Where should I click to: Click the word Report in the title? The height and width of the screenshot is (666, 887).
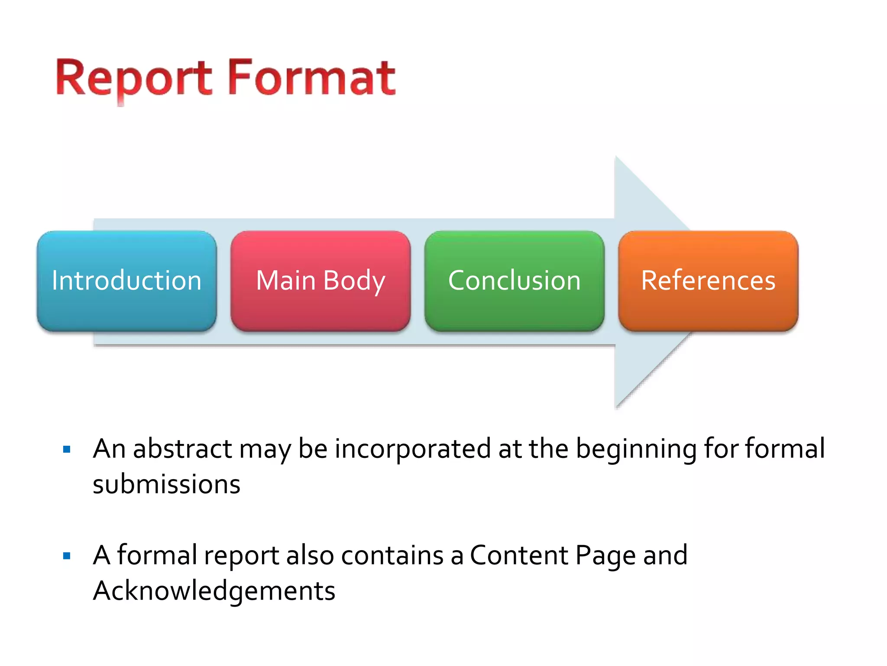click(x=133, y=78)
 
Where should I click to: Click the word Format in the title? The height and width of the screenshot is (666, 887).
click(x=311, y=78)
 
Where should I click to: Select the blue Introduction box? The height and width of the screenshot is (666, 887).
click(x=126, y=281)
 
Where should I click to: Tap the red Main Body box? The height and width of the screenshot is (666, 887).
click(x=320, y=281)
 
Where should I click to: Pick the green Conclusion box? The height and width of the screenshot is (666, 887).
click(x=514, y=281)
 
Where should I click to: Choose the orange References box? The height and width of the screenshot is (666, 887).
click(x=708, y=281)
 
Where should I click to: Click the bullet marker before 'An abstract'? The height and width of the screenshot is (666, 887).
click(x=67, y=449)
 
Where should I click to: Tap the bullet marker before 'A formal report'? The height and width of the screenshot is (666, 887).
click(x=67, y=556)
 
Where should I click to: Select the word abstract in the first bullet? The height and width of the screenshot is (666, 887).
click(x=182, y=449)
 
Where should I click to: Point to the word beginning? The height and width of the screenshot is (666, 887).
click(x=636, y=450)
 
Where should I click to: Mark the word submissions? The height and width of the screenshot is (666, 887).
click(x=166, y=484)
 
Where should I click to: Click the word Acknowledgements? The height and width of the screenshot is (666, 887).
click(x=214, y=591)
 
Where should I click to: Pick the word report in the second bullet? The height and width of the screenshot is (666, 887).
click(x=242, y=556)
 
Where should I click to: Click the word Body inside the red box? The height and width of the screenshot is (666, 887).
click(x=354, y=281)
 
